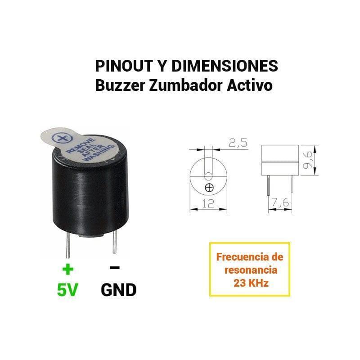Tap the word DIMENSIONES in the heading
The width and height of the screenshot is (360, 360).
tap(225, 66)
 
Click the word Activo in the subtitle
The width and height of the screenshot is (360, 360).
tap(250, 85)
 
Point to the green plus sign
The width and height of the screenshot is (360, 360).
tap(68, 269)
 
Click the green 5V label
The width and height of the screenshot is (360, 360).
tap(68, 290)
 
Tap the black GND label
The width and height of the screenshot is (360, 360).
tap(119, 290)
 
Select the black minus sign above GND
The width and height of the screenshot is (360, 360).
tap(115, 267)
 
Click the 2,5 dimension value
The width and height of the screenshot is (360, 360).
tap(238, 143)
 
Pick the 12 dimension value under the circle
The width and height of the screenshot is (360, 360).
tap(208, 203)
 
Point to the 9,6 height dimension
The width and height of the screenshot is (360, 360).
tap(308, 160)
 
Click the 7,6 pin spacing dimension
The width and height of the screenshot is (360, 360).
tap(280, 202)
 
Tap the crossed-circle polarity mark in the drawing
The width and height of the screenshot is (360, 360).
tap(209, 188)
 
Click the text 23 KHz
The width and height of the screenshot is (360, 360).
tap(251, 283)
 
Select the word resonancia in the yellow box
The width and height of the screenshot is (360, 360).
tap(251, 270)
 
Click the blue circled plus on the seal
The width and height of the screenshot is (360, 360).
tap(62, 138)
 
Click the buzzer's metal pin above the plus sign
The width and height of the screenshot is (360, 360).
tap(68, 245)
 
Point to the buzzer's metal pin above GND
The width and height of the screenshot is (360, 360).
tap(115, 242)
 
